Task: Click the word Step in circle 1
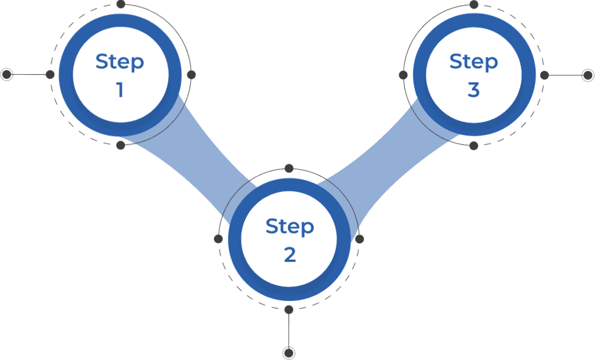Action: pos(120,62)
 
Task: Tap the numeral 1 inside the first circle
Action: pos(120,90)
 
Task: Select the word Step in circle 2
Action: pos(289,227)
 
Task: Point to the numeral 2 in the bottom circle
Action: pos(290,255)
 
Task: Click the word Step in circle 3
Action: pos(474,62)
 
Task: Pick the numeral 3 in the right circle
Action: pos(474,90)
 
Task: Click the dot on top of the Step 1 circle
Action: pos(121,4)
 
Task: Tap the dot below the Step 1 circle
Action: pos(120,145)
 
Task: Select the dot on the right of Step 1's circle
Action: pos(191,75)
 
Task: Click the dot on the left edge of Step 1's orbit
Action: pos(50,75)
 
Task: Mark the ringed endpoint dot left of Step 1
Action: pos(6,74)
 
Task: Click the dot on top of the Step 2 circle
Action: pos(289,168)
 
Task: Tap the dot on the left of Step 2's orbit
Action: pos(218,239)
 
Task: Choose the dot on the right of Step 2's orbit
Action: pos(359,239)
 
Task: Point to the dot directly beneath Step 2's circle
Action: pos(289,309)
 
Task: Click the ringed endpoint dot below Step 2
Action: pos(289,353)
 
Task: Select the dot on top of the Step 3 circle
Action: pos(474,5)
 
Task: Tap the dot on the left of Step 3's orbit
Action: pos(403,75)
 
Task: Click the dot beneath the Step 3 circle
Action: pos(474,146)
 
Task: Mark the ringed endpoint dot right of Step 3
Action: pos(588,75)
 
